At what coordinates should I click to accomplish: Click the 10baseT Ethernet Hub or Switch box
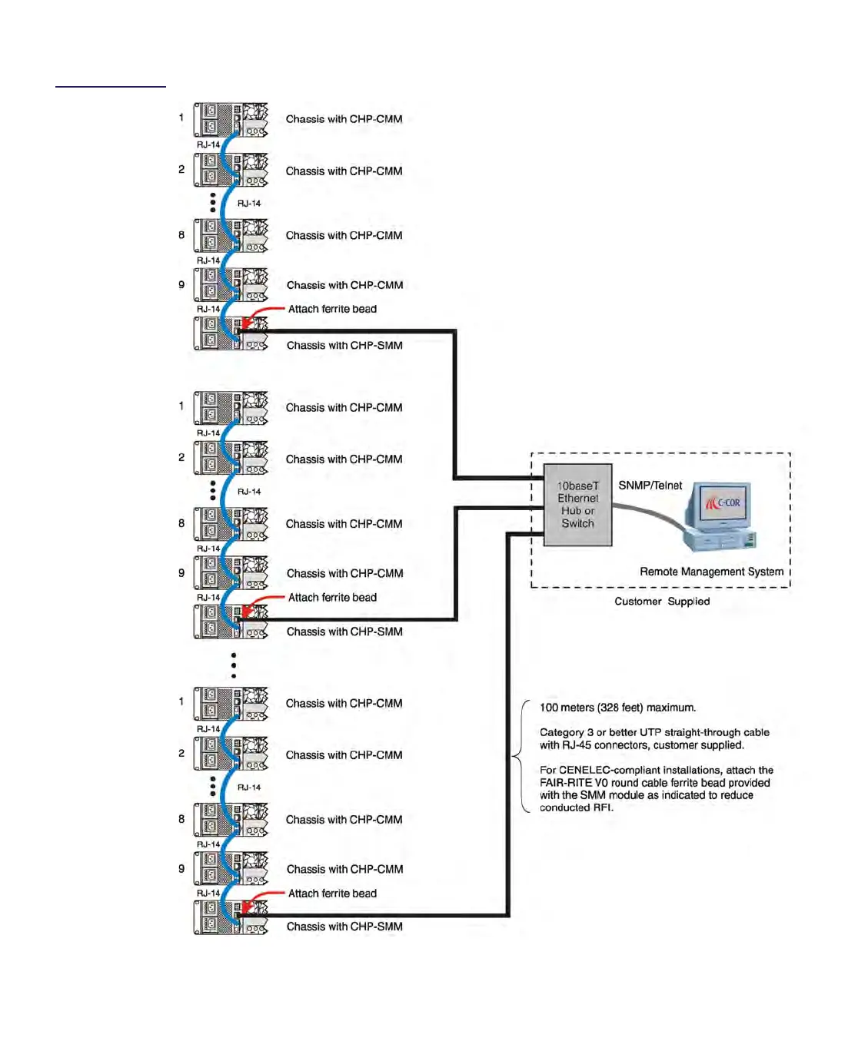pyautogui.click(x=577, y=505)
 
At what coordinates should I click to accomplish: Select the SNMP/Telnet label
pyautogui.click(x=650, y=486)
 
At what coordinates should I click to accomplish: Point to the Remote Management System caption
pyautogui.click(x=711, y=572)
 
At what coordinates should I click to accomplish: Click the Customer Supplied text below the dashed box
pyautogui.click(x=661, y=602)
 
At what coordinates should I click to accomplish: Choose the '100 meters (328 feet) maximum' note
pyautogui.click(x=617, y=708)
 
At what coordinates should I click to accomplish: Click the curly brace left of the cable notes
pyautogui.click(x=520, y=757)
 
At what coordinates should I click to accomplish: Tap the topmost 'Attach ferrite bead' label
pyautogui.click(x=332, y=309)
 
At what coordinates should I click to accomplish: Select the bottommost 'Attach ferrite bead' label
pyautogui.click(x=332, y=894)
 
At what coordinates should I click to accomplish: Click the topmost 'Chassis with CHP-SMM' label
pyautogui.click(x=344, y=346)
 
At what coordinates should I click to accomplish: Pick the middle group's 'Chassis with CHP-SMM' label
pyautogui.click(x=344, y=632)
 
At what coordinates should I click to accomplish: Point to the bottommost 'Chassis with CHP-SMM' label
pyautogui.click(x=344, y=927)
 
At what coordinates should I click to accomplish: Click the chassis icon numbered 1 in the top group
pyautogui.click(x=231, y=120)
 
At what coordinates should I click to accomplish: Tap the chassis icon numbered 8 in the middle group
pyautogui.click(x=231, y=524)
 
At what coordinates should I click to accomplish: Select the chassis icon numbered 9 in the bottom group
pyautogui.click(x=231, y=868)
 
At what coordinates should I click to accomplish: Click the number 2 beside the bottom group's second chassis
pyautogui.click(x=181, y=753)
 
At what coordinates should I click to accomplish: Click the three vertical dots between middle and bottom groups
pyautogui.click(x=234, y=665)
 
